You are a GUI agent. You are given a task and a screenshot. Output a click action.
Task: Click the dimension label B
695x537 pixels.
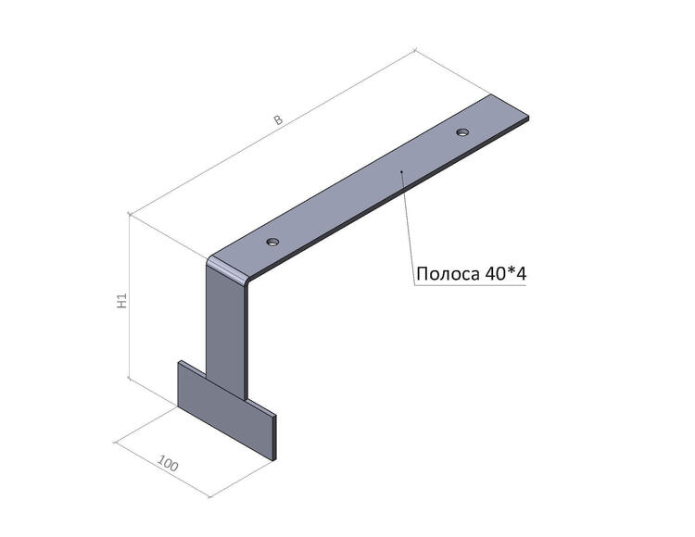[x=278, y=119]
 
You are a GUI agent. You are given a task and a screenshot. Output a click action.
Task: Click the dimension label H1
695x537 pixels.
[x=122, y=301]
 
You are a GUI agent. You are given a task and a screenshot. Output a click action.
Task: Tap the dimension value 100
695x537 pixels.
[x=168, y=463]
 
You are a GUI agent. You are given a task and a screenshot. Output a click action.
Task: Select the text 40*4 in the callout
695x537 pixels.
[x=506, y=274]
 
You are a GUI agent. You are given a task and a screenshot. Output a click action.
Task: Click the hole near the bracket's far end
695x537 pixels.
[x=462, y=131]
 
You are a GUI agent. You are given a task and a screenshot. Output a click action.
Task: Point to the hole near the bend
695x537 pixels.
[x=273, y=242]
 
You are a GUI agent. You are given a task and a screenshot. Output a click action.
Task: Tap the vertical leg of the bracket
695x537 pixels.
[x=226, y=332]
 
